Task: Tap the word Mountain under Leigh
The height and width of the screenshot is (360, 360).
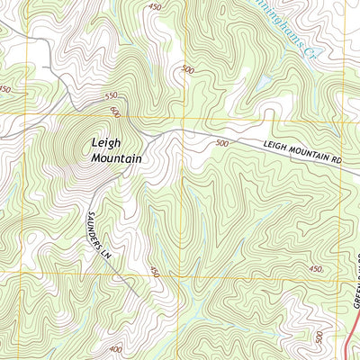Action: click(x=117, y=158)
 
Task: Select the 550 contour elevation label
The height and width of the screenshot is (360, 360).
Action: click(x=112, y=95)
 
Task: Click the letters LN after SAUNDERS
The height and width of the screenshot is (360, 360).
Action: click(x=105, y=255)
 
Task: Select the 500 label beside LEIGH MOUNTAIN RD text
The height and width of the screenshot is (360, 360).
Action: click(x=223, y=143)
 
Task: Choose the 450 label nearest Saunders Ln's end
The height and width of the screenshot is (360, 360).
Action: click(x=155, y=271)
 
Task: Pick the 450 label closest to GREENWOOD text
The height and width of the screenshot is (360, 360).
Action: click(x=315, y=269)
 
